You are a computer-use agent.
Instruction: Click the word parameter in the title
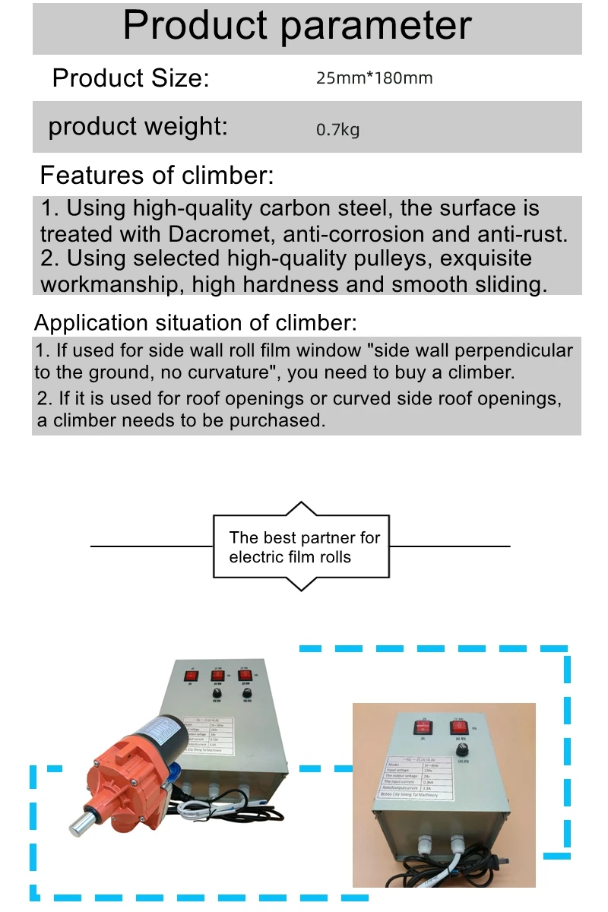pos(376,26)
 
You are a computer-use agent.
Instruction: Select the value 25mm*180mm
pos(374,78)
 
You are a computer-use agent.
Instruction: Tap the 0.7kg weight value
pos(337,129)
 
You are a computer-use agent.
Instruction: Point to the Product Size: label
pos(130,78)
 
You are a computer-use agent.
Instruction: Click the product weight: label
pos(138,126)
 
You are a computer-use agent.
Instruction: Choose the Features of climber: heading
pos(157,176)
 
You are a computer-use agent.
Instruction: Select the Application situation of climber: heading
pos(195,322)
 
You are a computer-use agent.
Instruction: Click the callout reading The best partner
pos(304,546)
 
